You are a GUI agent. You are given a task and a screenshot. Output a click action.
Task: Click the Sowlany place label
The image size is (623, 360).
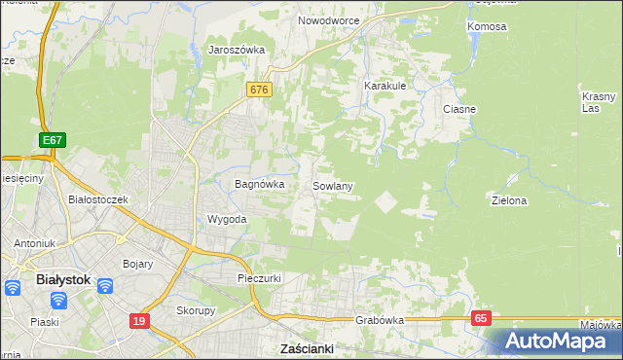pos(332,185)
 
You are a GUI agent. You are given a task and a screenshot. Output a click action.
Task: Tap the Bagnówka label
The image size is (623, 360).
pos(259,183)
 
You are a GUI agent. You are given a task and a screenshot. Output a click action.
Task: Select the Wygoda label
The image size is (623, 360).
pos(227,219)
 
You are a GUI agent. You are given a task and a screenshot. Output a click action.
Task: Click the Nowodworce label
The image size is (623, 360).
pos(329,20)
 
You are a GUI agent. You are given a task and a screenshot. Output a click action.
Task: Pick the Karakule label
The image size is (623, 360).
pos(385,86)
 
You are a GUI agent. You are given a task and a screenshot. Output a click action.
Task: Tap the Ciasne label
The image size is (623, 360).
pos(458,109)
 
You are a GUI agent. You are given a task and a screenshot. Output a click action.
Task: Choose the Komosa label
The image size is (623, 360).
pos(487,26)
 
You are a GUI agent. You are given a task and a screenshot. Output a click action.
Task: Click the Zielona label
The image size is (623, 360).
pos(509,200)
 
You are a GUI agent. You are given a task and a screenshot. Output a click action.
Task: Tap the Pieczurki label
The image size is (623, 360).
pos(260,278)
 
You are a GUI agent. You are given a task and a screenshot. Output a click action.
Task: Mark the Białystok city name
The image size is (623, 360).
pos(62,279)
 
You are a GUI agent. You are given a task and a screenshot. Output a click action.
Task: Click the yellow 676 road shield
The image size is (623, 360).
pos(258,90)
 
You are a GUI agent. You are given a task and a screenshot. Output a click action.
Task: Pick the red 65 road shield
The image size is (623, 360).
pos(483,317)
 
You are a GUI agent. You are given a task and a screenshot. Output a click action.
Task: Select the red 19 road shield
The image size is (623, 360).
pos(139,319)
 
